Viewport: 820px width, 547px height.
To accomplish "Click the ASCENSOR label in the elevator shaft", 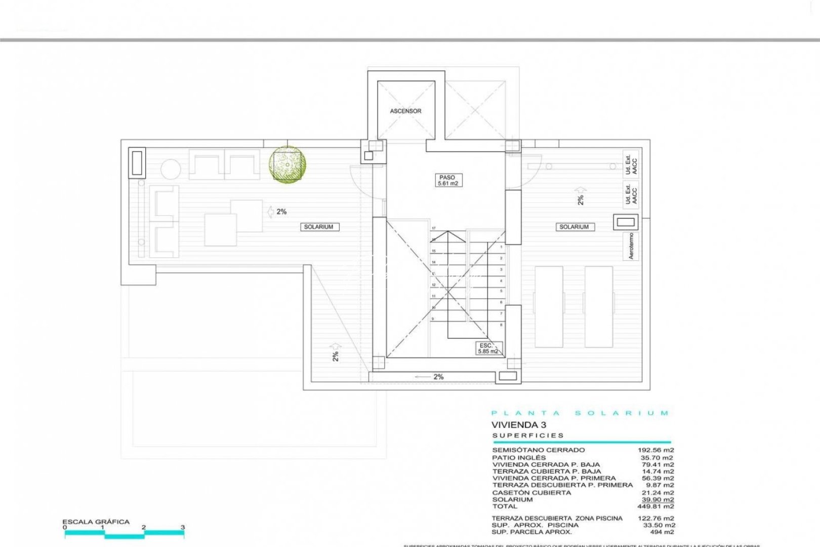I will click(405, 111).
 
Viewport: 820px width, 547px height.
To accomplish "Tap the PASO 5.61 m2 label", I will click(447, 180).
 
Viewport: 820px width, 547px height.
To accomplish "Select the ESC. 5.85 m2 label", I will click(487, 348).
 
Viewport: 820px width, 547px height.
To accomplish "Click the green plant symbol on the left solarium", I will click(287, 164).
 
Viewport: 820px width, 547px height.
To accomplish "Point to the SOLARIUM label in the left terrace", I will click(318, 227).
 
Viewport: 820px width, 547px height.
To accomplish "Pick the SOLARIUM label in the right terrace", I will click(573, 227).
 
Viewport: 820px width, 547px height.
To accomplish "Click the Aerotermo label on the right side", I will click(631, 246).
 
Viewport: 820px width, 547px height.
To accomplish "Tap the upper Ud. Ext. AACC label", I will click(631, 165).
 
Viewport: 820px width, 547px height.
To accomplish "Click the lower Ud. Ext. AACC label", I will click(631, 194).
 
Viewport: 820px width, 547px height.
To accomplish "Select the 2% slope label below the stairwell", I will click(438, 377).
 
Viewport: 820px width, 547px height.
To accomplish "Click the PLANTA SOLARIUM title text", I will click(580, 413).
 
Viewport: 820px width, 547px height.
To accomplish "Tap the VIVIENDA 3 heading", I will click(519, 425).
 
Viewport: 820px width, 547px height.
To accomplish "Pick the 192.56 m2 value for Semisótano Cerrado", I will click(656, 450).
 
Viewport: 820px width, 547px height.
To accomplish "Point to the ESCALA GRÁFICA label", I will click(96, 521).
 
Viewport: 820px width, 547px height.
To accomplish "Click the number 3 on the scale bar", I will click(183, 527).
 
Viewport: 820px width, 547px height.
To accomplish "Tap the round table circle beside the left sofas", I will click(171, 169).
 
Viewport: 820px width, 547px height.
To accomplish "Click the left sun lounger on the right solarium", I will click(549, 306).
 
